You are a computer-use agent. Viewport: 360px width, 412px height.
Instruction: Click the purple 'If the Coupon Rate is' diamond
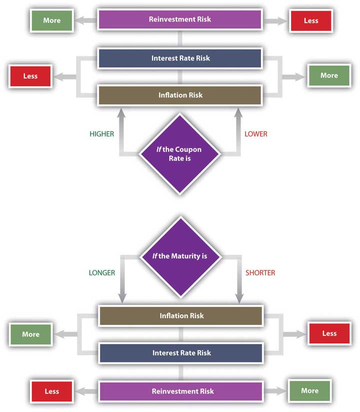[x=179, y=154]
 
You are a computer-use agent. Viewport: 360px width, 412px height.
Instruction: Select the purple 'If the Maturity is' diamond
[x=179, y=256]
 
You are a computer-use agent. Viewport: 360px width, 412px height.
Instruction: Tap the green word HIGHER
[x=102, y=134]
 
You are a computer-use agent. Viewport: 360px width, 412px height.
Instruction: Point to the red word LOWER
[x=255, y=134]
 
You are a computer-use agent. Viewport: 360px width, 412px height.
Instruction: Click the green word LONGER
[x=102, y=273]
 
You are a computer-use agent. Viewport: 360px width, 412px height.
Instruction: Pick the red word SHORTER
[x=260, y=273]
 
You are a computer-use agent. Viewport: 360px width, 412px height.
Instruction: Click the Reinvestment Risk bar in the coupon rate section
[x=180, y=20]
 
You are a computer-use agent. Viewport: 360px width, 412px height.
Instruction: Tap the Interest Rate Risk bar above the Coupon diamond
[x=180, y=58]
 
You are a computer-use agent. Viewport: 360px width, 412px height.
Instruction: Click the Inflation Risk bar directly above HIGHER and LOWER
[x=180, y=95]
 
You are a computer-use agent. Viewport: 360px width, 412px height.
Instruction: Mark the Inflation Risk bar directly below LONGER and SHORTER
[x=181, y=316]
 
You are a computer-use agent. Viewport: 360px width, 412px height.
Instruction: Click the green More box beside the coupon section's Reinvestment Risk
[x=51, y=21]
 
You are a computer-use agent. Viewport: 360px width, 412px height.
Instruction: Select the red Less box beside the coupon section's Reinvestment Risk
[x=310, y=21]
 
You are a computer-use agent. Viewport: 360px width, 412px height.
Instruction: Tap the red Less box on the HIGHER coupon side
[x=30, y=76]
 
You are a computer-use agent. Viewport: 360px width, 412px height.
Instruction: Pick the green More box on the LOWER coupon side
[x=328, y=76]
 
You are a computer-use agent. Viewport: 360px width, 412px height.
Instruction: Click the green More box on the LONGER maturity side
[x=30, y=334]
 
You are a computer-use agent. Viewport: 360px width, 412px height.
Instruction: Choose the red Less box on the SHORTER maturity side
[x=329, y=333]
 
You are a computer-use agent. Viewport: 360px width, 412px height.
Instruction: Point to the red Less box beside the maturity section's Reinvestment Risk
[x=51, y=391]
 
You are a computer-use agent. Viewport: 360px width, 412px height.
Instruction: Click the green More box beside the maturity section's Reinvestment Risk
[x=309, y=390]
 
